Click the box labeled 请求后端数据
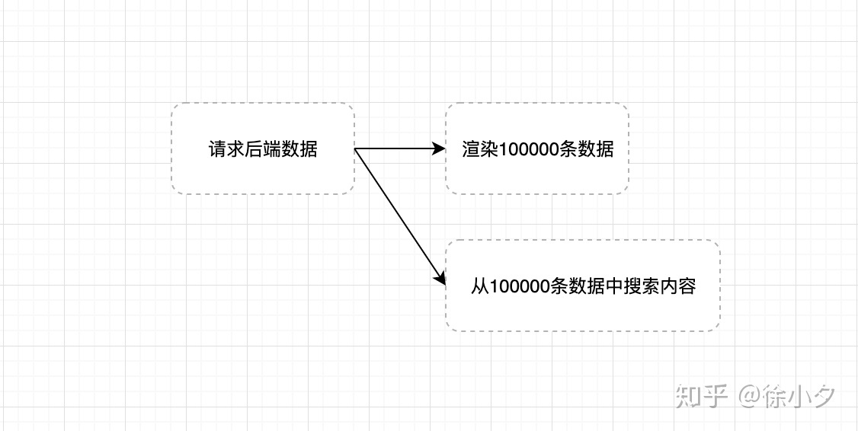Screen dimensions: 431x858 [x=263, y=148]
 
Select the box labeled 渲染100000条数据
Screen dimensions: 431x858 [x=537, y=148]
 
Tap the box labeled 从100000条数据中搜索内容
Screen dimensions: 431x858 [x=583, y=286]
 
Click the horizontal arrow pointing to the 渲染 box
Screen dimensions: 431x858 [x=396, y=148]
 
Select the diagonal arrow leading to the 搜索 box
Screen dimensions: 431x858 [x=400, y=217]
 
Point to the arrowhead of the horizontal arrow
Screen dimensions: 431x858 [x=439, y=148]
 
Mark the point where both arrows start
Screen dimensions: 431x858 [x=356, y=149]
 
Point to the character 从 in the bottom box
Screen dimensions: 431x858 [x=479, y=286]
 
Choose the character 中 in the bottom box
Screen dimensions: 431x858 [x=615, y=286]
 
